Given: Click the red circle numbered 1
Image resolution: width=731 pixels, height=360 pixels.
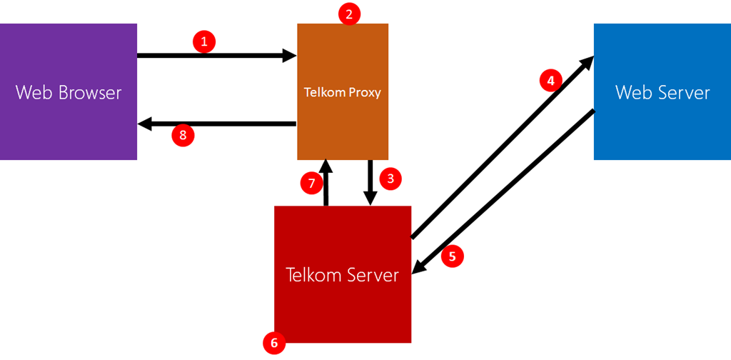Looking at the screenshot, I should click(204, 42).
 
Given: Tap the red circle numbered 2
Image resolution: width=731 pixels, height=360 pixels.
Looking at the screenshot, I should click(349, 14).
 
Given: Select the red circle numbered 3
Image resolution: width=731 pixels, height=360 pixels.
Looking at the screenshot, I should click(389, 178).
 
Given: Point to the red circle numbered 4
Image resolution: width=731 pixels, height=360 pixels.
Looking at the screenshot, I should click(550, 81).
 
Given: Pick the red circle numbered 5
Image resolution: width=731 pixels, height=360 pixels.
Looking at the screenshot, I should click(452, 256).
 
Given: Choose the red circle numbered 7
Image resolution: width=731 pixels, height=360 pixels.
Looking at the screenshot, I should click(311, 183).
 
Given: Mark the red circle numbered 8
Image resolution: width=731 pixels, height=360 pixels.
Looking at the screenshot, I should click(183, 135).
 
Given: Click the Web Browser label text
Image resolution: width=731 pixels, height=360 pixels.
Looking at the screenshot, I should click(69, 92).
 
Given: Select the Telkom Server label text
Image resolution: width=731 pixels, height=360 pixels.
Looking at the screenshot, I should click(342, 274).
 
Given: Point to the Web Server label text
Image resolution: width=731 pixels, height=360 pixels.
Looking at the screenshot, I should click(662, 92).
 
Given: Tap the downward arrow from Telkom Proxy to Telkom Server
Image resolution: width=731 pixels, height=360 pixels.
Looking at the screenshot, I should click(371, 183).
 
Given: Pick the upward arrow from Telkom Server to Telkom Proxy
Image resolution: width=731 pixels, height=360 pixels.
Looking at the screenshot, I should click(326, 183).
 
